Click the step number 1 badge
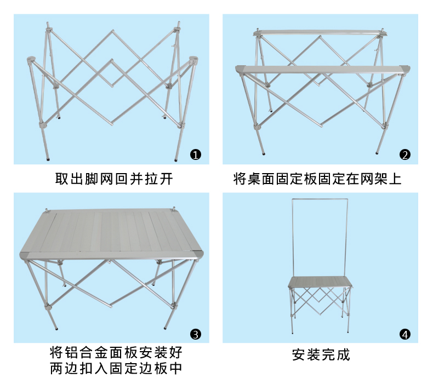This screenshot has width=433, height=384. point(196,154)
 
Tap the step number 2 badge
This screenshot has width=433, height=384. point(404,154)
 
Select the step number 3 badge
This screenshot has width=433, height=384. point(196,334)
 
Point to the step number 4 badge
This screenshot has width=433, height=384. point(404,334)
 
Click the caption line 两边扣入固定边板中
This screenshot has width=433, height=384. point(116,368)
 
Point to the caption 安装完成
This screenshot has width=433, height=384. point(321,354)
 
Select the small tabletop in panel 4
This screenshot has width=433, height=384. point(320,282)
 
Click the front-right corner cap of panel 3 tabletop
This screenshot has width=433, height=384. point(197,255)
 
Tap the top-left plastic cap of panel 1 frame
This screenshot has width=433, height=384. point(31,59)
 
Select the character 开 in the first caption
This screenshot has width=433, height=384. point(171,179)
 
